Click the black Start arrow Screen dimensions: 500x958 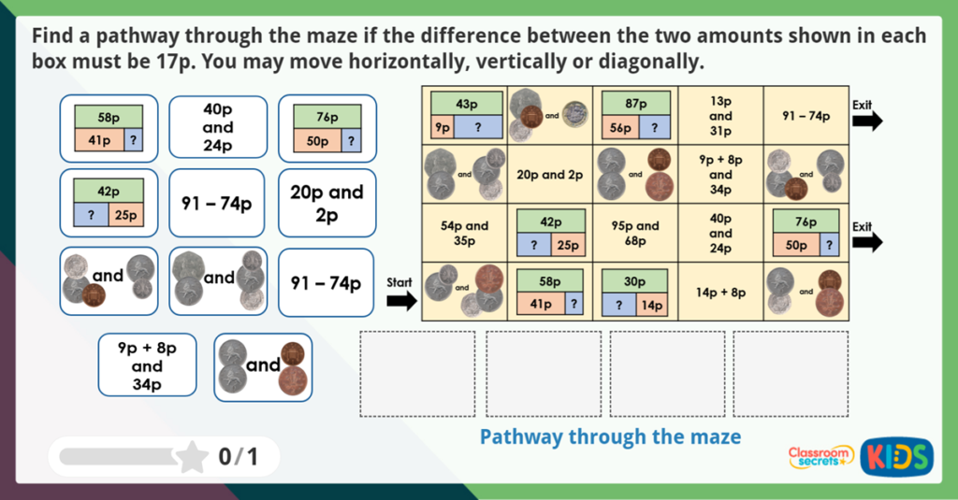point(402,300)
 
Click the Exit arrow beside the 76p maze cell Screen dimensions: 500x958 point(868,243)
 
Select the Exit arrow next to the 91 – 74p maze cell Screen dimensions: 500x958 point(868,121)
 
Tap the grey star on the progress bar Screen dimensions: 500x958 point(192,456)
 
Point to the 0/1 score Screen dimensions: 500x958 point(238,456)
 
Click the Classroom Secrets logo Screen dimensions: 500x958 point(820,456)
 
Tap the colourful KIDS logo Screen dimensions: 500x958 point(896,456)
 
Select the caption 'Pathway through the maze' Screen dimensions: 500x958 point(610,436)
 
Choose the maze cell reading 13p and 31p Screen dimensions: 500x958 point(720,116)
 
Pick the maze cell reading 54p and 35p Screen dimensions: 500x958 point(464,233)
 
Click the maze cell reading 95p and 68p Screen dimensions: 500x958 point(635,233)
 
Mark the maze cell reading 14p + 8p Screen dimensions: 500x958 point(720,292)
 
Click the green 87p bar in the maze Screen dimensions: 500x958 point(636,104)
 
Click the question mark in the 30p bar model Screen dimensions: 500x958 point(618,305)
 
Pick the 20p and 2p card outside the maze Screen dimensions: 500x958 point(327,203)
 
